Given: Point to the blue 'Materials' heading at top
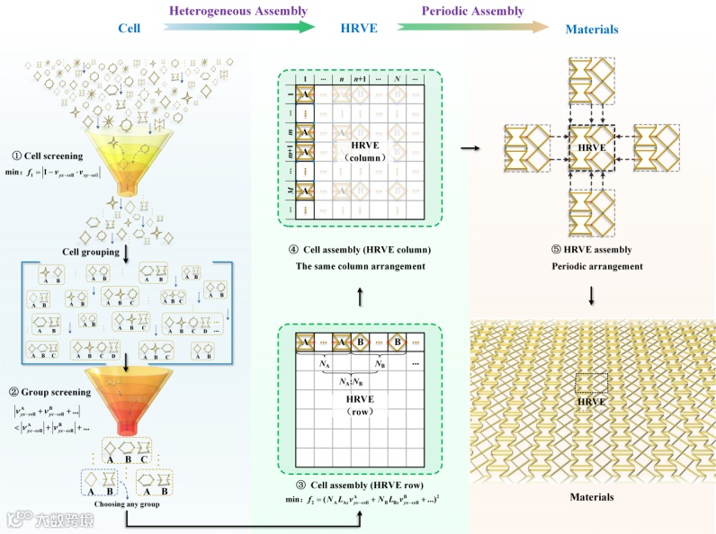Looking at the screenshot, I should [591, 30].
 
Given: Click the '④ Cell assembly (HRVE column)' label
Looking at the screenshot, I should [360, 249].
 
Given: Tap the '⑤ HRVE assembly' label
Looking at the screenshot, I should [590, 249].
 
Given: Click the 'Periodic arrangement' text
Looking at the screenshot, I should [590, 266].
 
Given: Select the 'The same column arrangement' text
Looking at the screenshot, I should [360, 266].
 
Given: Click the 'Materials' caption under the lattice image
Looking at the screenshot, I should [592, 496].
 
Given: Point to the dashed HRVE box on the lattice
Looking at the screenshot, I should [592, 388].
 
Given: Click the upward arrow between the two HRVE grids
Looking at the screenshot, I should [360, 295].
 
